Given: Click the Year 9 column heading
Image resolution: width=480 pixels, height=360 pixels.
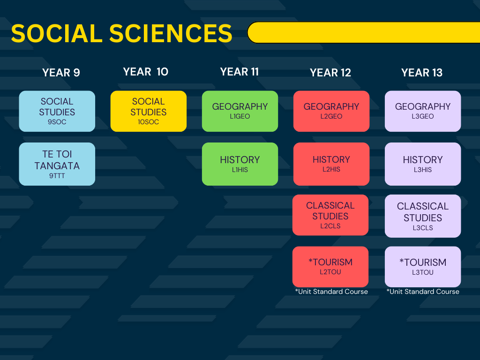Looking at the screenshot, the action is point(61,73).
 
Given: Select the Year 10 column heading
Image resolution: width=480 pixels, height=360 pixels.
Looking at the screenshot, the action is point(146,72).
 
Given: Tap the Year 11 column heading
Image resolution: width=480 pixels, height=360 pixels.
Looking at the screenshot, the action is point(240,72).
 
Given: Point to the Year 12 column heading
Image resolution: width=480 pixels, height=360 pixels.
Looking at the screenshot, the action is point(330,73).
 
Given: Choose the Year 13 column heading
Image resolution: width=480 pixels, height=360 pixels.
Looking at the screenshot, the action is point(422,73).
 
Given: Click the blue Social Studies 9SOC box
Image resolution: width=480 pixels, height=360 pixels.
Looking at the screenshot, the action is point(57,111).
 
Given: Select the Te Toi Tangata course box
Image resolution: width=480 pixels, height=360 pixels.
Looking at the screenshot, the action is point(57,164).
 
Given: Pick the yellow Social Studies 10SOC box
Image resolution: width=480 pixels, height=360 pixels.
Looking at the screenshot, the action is point(149,111).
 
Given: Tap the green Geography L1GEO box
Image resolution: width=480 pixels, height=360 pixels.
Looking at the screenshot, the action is point(240,111).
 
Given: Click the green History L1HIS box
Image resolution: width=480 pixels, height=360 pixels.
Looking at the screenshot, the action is point(240,164).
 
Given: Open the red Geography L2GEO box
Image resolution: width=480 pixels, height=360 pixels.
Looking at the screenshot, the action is point(331,111).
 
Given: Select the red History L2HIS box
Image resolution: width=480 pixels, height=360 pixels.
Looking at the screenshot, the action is point(331,164).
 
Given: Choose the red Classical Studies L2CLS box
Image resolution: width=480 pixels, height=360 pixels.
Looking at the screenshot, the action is point(330,215).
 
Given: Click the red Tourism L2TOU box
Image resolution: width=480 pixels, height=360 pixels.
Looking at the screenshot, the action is point(330,267).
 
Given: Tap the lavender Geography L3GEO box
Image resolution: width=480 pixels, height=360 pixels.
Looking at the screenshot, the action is point(423,111).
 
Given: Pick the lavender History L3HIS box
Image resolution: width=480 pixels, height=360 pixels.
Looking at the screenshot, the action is point(423,164).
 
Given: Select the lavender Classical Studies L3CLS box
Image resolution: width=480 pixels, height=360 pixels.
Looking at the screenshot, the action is point(423,216).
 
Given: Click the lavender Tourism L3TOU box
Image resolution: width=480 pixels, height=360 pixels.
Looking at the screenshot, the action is point(423,267).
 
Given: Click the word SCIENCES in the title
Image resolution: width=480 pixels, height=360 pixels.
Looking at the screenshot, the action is point(171,33).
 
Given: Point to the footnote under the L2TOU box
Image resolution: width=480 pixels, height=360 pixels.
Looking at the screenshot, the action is point(331,292).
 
